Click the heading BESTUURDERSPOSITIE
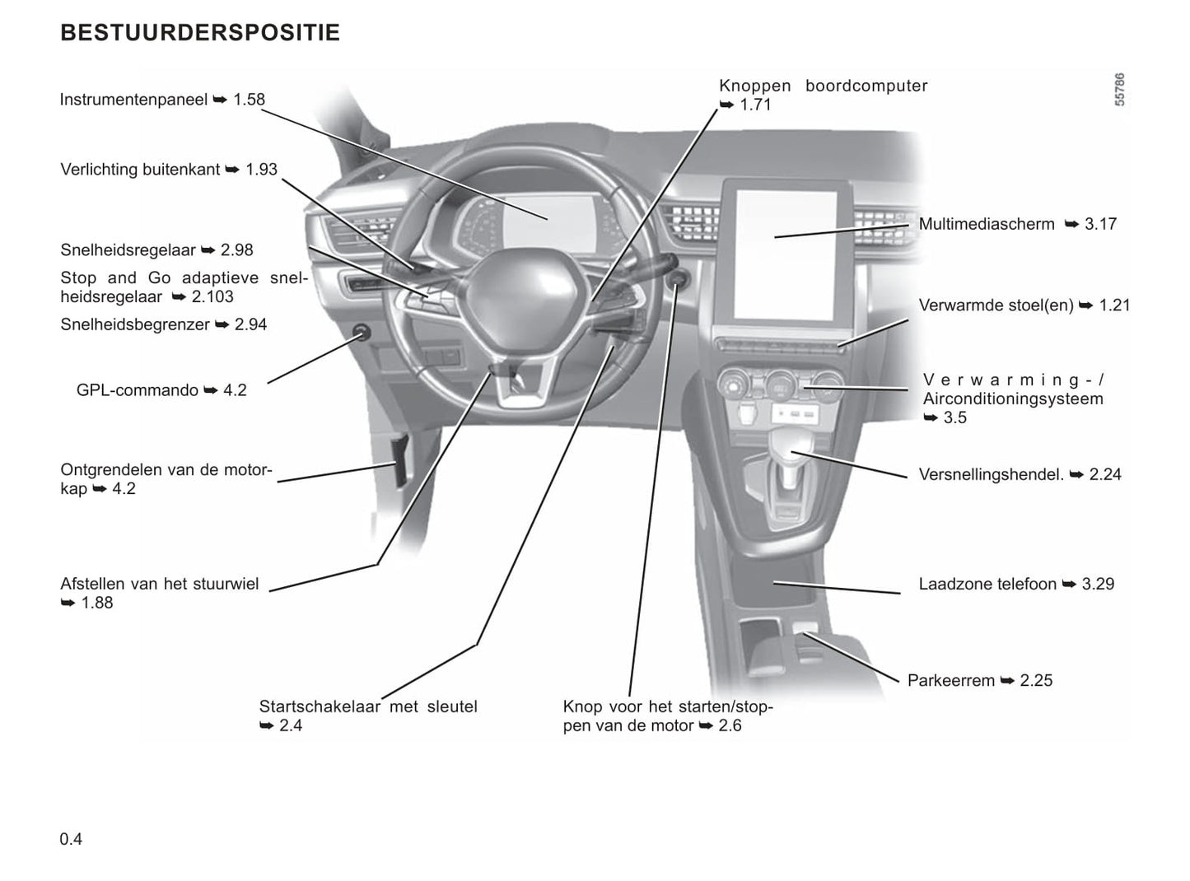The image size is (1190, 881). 200,33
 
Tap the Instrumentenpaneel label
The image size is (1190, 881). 133,100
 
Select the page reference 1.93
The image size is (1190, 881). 262,170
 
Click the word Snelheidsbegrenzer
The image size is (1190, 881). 135,324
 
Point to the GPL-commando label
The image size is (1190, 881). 138,390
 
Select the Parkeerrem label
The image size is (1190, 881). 951,681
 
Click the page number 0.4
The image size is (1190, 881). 71,839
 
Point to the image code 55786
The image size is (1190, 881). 1119,91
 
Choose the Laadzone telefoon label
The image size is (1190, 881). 987,585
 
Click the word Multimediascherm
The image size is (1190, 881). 987,224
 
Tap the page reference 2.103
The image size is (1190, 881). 212,297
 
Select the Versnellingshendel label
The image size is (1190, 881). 992,475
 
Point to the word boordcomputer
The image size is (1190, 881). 866,86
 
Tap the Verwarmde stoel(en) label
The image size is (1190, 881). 996,305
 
